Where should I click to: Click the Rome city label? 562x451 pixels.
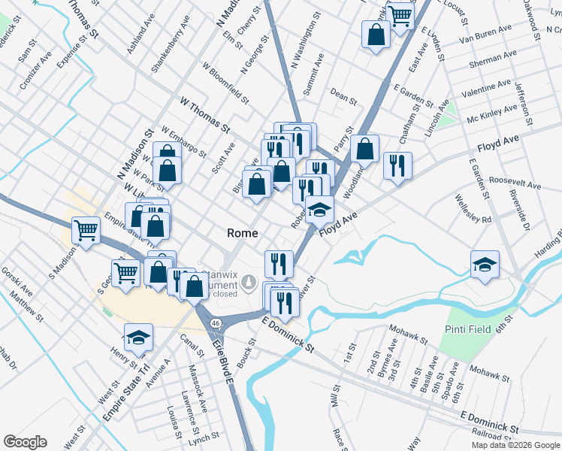click(x=243, y=233)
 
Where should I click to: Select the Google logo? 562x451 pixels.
click(x=25, y=442)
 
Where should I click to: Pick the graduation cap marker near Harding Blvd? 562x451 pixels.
click(x=485, y=264)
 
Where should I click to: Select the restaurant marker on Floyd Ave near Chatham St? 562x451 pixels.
click(x=397, y=165)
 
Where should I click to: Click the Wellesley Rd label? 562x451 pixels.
click(x=473, y=210)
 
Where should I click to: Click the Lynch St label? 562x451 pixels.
click(x=204, y=435)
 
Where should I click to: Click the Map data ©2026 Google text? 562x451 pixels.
click(x=515, y=445)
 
